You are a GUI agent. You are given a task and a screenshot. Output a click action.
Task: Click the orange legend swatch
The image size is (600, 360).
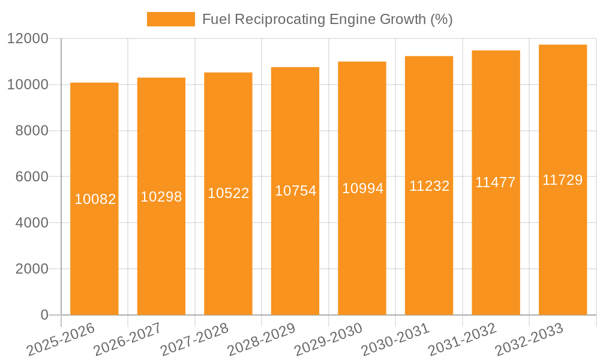click(170, 19)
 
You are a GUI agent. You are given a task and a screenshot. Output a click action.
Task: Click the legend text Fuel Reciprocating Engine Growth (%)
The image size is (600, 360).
click(327, 19)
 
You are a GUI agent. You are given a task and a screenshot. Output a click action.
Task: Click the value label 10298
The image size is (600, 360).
click(161, 197)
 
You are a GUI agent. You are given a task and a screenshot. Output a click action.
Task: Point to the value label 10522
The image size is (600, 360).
click(229, 193)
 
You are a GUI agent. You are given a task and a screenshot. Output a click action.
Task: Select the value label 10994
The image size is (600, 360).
click(362, 188)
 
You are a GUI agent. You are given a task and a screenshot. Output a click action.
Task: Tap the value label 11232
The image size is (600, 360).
click(430, 186)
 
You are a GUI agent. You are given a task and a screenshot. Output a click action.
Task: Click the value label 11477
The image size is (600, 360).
click(496, 182)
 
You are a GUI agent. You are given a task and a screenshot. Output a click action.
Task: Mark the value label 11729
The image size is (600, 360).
click(563, 180)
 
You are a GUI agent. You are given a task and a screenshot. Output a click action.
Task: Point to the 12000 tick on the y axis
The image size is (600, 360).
click(28, 39)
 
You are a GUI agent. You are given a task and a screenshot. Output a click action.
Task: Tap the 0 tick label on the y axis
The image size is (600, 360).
click(44, 315)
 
